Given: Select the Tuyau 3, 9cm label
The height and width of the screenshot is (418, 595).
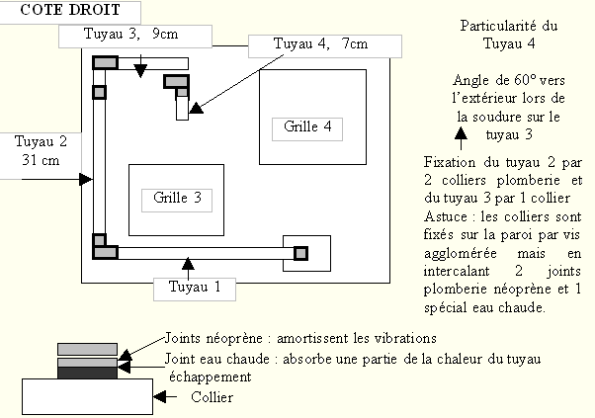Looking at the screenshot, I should pyautogui.click(x=134, y=35).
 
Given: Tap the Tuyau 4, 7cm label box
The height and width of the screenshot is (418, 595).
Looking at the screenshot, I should pyautogui.click(x=323, y=45).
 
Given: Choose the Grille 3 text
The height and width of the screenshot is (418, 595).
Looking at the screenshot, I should pyautogui.click(x=178, y=198).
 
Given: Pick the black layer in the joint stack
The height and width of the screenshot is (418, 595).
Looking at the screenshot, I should pyautogui.click(x=87, y=374).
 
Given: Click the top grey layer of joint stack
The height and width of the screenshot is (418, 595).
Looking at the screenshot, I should pyautogui.click(x=87, y=348).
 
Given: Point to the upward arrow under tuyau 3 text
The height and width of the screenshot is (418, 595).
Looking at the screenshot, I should pyautogui.click(x=462, y=147).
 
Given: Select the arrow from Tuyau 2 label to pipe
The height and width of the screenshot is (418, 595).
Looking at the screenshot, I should pyautogui.click(x=81, y=179).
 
